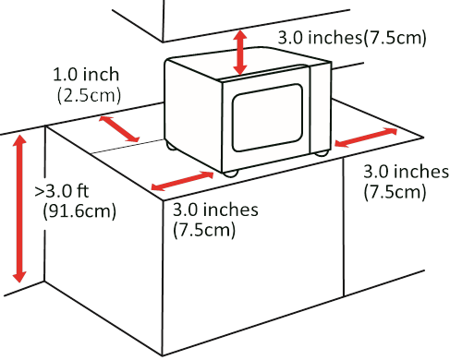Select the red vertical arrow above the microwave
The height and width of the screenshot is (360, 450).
[241, 52]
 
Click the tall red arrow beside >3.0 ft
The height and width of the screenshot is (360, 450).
[18, 207]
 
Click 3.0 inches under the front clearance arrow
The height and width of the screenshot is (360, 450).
[217, 210]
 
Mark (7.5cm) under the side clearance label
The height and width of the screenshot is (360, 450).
[395, 191]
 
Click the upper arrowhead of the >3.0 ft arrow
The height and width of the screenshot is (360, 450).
[18, 140]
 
